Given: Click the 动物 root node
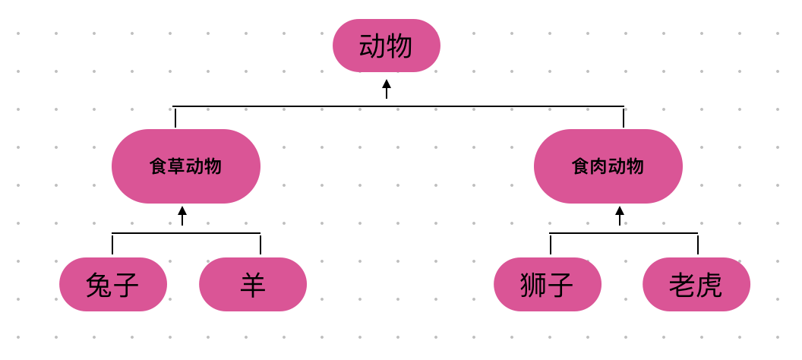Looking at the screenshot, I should coord(386,46).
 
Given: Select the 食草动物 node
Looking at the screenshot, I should coord(186,166).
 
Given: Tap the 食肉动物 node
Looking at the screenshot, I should coord(608,166).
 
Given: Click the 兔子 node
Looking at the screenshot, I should coord(113,285).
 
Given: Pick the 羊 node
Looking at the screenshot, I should coord(253,285).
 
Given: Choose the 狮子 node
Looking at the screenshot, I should coord(547,285).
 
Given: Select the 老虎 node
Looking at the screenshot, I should coord(696,285).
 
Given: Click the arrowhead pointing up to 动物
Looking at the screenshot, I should coord(387,84).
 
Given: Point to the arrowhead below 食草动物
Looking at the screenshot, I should coord(182,211).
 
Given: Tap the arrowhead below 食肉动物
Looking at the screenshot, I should coord(620,211).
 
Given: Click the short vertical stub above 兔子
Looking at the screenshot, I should coord(112,244).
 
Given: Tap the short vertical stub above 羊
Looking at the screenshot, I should coord(260,244).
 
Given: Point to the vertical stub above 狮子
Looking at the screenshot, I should coord(551,244).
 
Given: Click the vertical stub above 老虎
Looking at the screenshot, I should coord(698,244).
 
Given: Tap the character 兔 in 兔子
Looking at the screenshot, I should coord(99,286).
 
